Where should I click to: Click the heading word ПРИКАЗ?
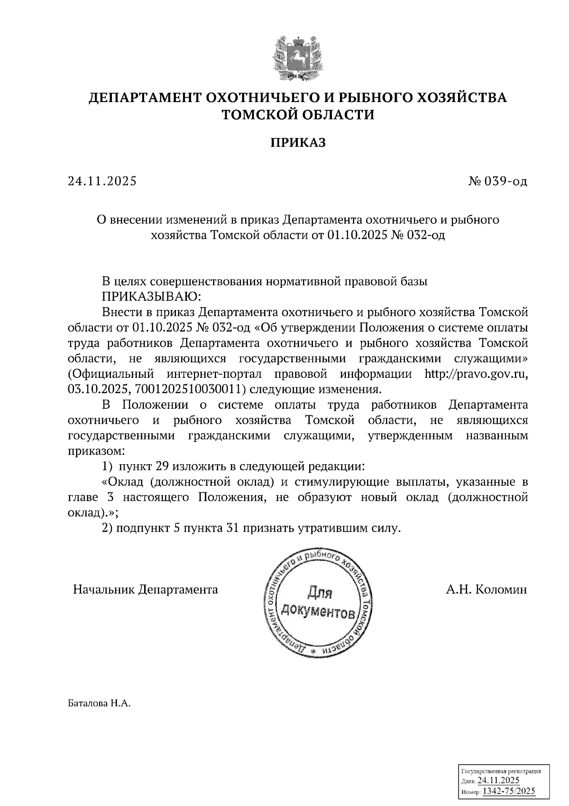pyautogui.click(x=298, y=143)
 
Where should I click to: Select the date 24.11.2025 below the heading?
pyautogui.click(x=102, y=181)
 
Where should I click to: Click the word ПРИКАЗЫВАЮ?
pyautogui.click(x=152, y=297)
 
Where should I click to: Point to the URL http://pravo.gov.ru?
pyautogui.click(x=476, y=374)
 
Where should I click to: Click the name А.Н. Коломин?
pyautogui.click(x=486, y=590)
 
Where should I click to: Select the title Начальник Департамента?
pyautogui.click(x=146, y=590)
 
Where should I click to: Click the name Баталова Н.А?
pyautogui.click(x=99, y=703)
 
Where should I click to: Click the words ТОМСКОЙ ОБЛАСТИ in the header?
pyautogui.click(x=298, y=114)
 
